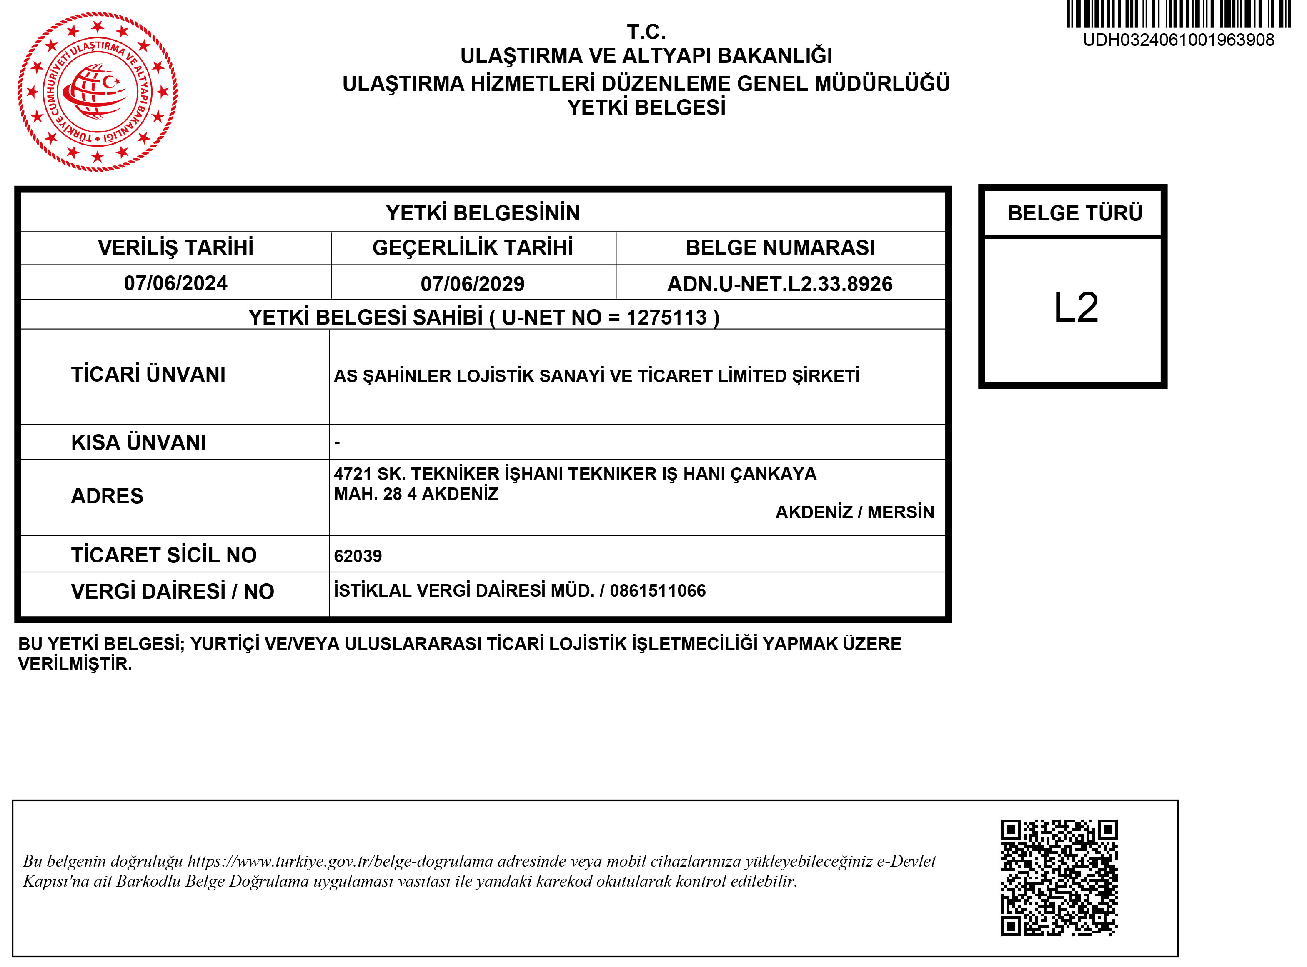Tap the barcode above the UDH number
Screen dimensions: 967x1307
[x=1178, y=14]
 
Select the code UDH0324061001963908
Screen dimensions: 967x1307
[x=1178, y=40]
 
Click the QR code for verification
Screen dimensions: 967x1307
[x=1059, y=877]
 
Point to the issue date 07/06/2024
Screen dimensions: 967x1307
[x=176, y=283]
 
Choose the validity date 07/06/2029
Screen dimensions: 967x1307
[x=473, y=284]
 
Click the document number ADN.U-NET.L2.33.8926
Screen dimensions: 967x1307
[x=780, y=284]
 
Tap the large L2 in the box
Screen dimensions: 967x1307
[x=1076, y=307]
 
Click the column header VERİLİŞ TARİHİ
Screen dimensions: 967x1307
[x=176, y=247]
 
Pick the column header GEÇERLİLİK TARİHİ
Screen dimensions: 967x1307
[x=473, y=247]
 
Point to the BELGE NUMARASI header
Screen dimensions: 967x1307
[x=780, y=247]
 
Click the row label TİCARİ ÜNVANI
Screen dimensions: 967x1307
[x=148, y=375]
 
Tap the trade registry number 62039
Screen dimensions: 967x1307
[x=358, y=555]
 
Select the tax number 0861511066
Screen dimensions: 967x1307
[x=658, y=591]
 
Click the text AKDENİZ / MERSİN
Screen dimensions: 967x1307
[x=855, y=512]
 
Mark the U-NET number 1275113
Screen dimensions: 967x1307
[x=666, y=317]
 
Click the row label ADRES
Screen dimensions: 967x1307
[x=107, y=496]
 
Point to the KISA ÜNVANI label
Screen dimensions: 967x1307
[x=138, y=442]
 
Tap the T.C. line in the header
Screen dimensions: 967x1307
[x=646, y=32]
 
